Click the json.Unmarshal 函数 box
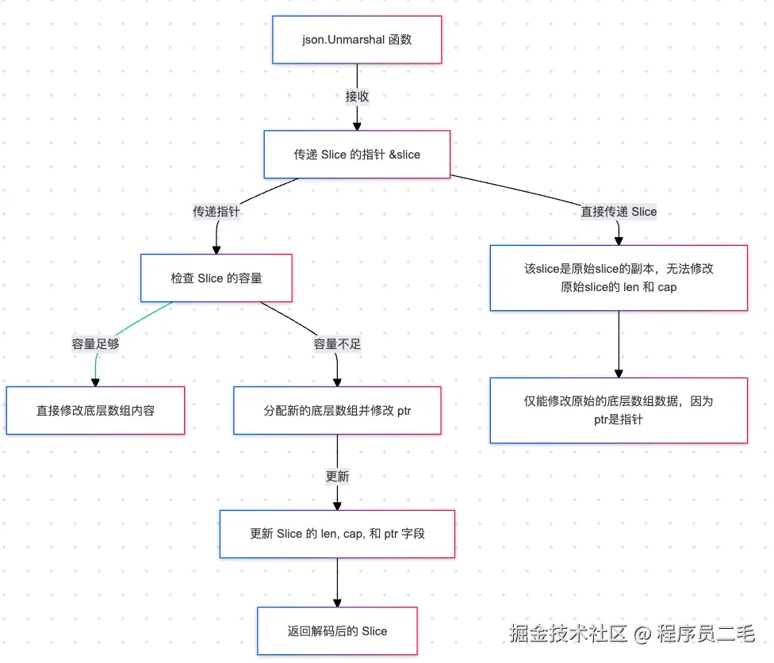(357, 40)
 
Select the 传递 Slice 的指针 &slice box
(357, 155)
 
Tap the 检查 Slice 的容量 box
(216, 278)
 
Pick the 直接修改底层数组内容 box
(95, 411)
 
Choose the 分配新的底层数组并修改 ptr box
(337, 411)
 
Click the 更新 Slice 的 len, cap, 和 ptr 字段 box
(337, 534)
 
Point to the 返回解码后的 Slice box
(337, 631)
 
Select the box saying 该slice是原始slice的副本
(619, 278)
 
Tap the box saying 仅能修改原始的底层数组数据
(619, 410)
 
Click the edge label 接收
(357, 97)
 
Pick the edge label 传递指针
(216, 212)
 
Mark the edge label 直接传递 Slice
(619, 212)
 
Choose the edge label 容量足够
(95, 344)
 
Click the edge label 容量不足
(337, 344)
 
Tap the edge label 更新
(337, 477)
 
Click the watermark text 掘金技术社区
(568, 633)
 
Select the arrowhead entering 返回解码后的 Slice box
(337, 602)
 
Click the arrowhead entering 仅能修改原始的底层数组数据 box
(619, 373)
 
